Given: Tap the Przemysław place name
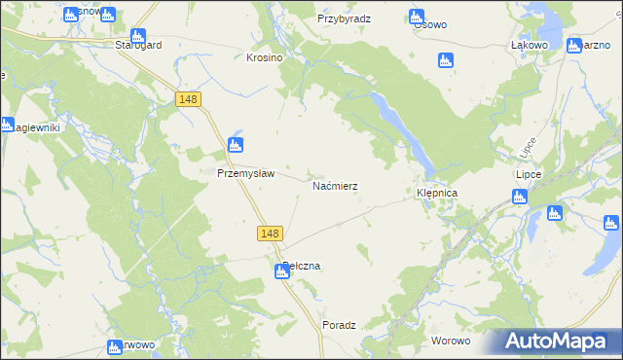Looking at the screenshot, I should coord(245,174).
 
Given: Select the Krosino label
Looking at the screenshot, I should coord(264,57).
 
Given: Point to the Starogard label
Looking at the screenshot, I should coord(136,45).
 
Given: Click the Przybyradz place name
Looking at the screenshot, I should coord(344,18).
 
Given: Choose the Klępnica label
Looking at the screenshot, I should coord(437,194).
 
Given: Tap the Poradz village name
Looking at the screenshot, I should coord(339,326).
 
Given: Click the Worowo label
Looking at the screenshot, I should coord(451,341).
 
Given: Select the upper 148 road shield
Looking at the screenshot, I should coord(189,99).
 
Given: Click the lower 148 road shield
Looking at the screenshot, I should coord(272,234).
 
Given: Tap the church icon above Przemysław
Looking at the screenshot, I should coord(235,146).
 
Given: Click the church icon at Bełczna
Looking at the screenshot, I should coord(281,272).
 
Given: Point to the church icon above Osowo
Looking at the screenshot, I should coord(417,17).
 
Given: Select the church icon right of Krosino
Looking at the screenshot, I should coord(447,60).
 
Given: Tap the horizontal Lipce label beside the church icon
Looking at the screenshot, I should coord(528,174).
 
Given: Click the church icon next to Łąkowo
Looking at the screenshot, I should coord(573,46).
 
